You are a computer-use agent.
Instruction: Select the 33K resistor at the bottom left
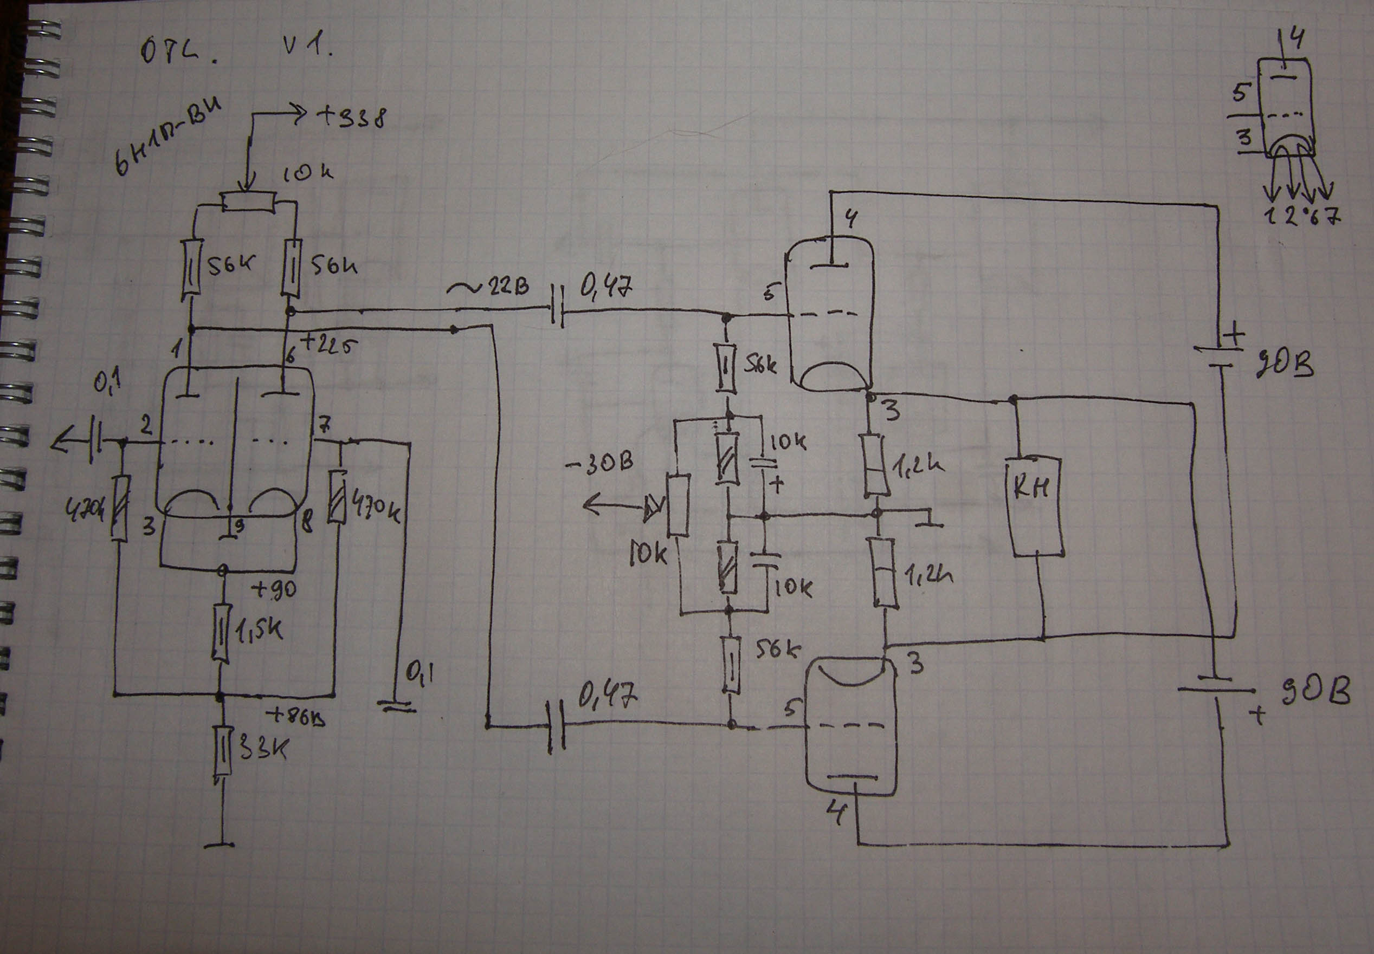(x=222, y=750)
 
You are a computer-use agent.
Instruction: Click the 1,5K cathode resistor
(x=222, y=632)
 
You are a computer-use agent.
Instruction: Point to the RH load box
(x=1036, y=507)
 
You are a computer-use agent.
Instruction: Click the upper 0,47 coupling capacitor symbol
(x=557, y=313)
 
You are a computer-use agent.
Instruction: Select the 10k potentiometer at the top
(x=249, y=202)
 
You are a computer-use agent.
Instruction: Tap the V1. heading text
(x=307, y=46)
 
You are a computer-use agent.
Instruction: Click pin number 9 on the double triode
(x=238, y=526)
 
